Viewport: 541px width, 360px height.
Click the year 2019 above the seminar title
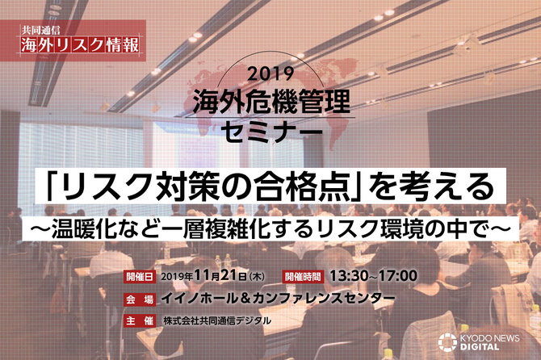[270, 73]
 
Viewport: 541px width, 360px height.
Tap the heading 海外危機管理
[271, 102]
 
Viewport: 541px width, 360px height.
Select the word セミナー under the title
[271, 132]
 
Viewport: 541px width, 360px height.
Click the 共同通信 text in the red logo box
[40, 31]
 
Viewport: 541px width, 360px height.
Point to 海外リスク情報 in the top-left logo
[80, 45]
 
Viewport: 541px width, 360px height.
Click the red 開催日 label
[140, 277]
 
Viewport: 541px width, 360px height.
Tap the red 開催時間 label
[303, 277]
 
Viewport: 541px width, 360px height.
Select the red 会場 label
[140, 299]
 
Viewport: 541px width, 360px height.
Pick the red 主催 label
[140, 321]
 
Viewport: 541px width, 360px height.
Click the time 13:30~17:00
[373, 276]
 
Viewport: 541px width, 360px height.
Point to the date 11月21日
[220, 275]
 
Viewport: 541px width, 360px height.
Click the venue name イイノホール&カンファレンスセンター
[278, 299]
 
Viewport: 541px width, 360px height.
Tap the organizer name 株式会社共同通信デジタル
[217, 321]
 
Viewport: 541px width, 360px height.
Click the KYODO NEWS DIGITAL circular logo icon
[447, 341]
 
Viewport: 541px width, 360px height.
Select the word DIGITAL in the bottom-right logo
[480, 346]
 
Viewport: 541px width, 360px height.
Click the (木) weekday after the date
[257, 277]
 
